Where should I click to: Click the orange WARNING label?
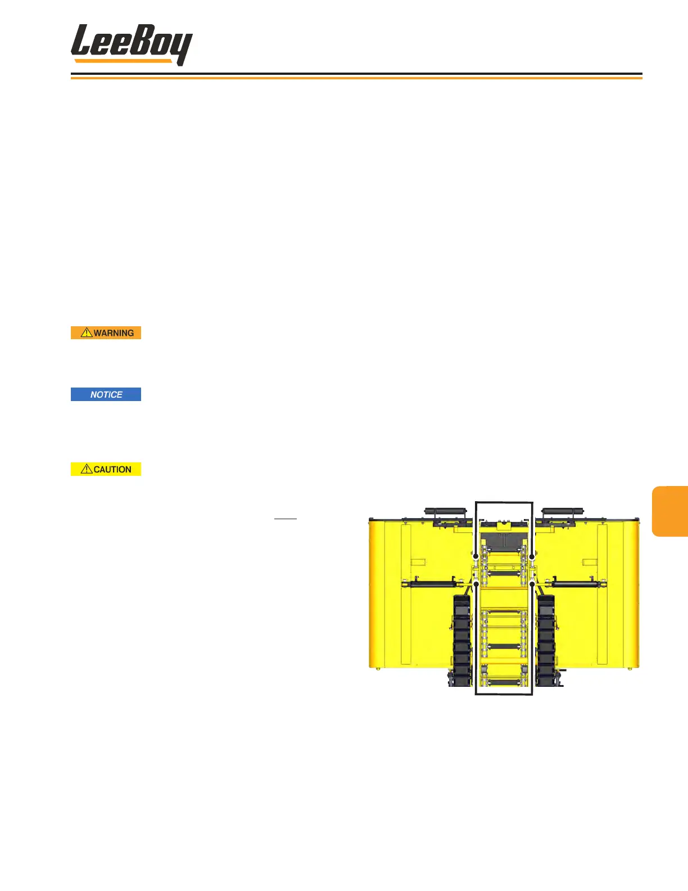(x=106, y=333)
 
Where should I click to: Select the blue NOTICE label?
(x=106, y=394)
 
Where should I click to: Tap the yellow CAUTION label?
(x=106, y=469)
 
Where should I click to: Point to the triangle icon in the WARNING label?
(x=87, y=332)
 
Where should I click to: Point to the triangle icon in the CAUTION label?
(x=87, y=469)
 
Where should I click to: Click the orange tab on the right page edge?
(x=671, y=511)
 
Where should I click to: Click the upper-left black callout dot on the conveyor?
(x=476, y=556)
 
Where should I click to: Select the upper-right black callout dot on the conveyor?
(x=532, y=556)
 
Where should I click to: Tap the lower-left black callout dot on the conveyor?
(x=477, y=584)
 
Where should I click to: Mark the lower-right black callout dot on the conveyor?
(x=532, y=584)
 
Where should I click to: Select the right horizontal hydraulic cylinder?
(x=579, y=584)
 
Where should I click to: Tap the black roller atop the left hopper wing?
(x=446, y=512)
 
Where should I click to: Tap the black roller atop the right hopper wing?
(x=563, y=512)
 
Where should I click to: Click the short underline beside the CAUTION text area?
(x=285, y=518)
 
